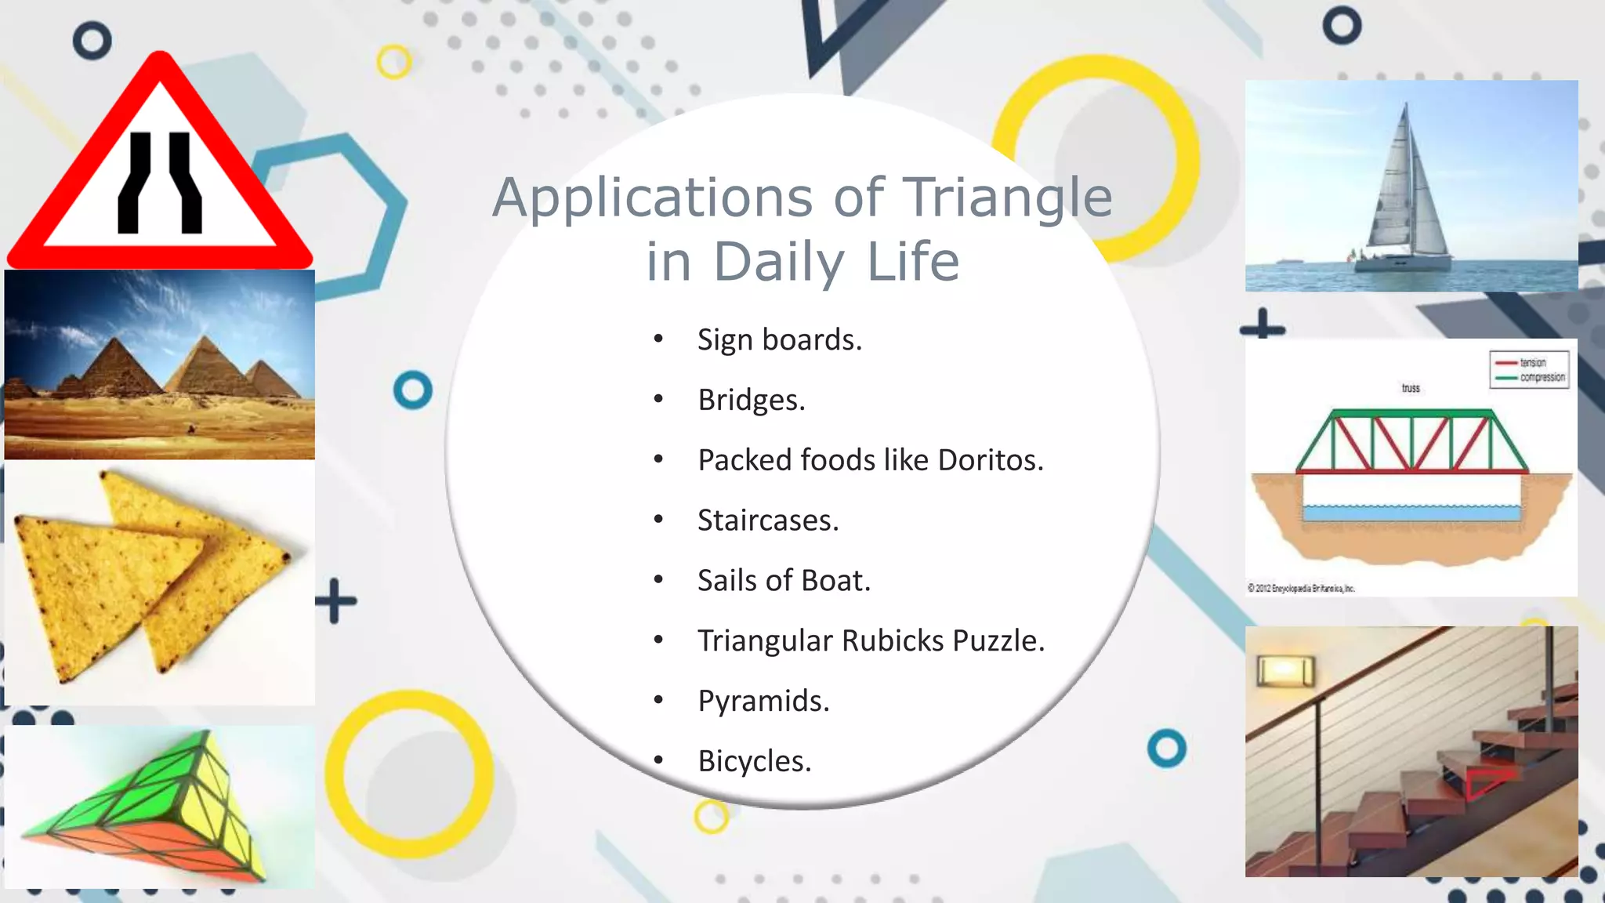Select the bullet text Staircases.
pos(768,520)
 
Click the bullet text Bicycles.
pos(755,761)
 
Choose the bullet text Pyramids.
pos(763,701)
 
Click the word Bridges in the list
pos(752,401)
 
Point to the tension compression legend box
pos(1529,370)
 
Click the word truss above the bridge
pos(1411,388)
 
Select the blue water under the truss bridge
pos(1411,513)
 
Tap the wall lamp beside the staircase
pos(1285,671)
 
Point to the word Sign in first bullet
pos(725,340)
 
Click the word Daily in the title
pos(779,262)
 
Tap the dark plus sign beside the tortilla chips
pos(336,601)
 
